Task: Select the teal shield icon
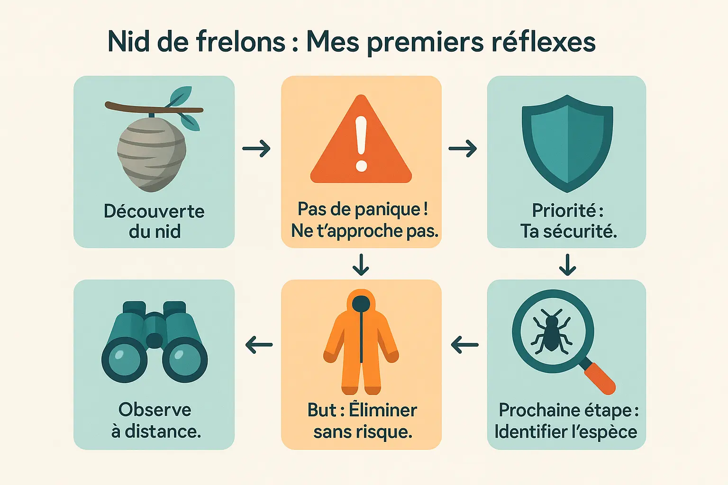tap(567, 142)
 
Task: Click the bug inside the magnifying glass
tap(552, 331)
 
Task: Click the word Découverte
tap(154, 211)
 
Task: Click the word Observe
tap(155, 410)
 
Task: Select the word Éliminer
tap(383, 410)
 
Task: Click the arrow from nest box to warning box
tap(256, 149)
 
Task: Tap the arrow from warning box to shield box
tap(463, 149)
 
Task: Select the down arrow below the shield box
tap(567, 265)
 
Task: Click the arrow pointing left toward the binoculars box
tap(259, 345)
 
